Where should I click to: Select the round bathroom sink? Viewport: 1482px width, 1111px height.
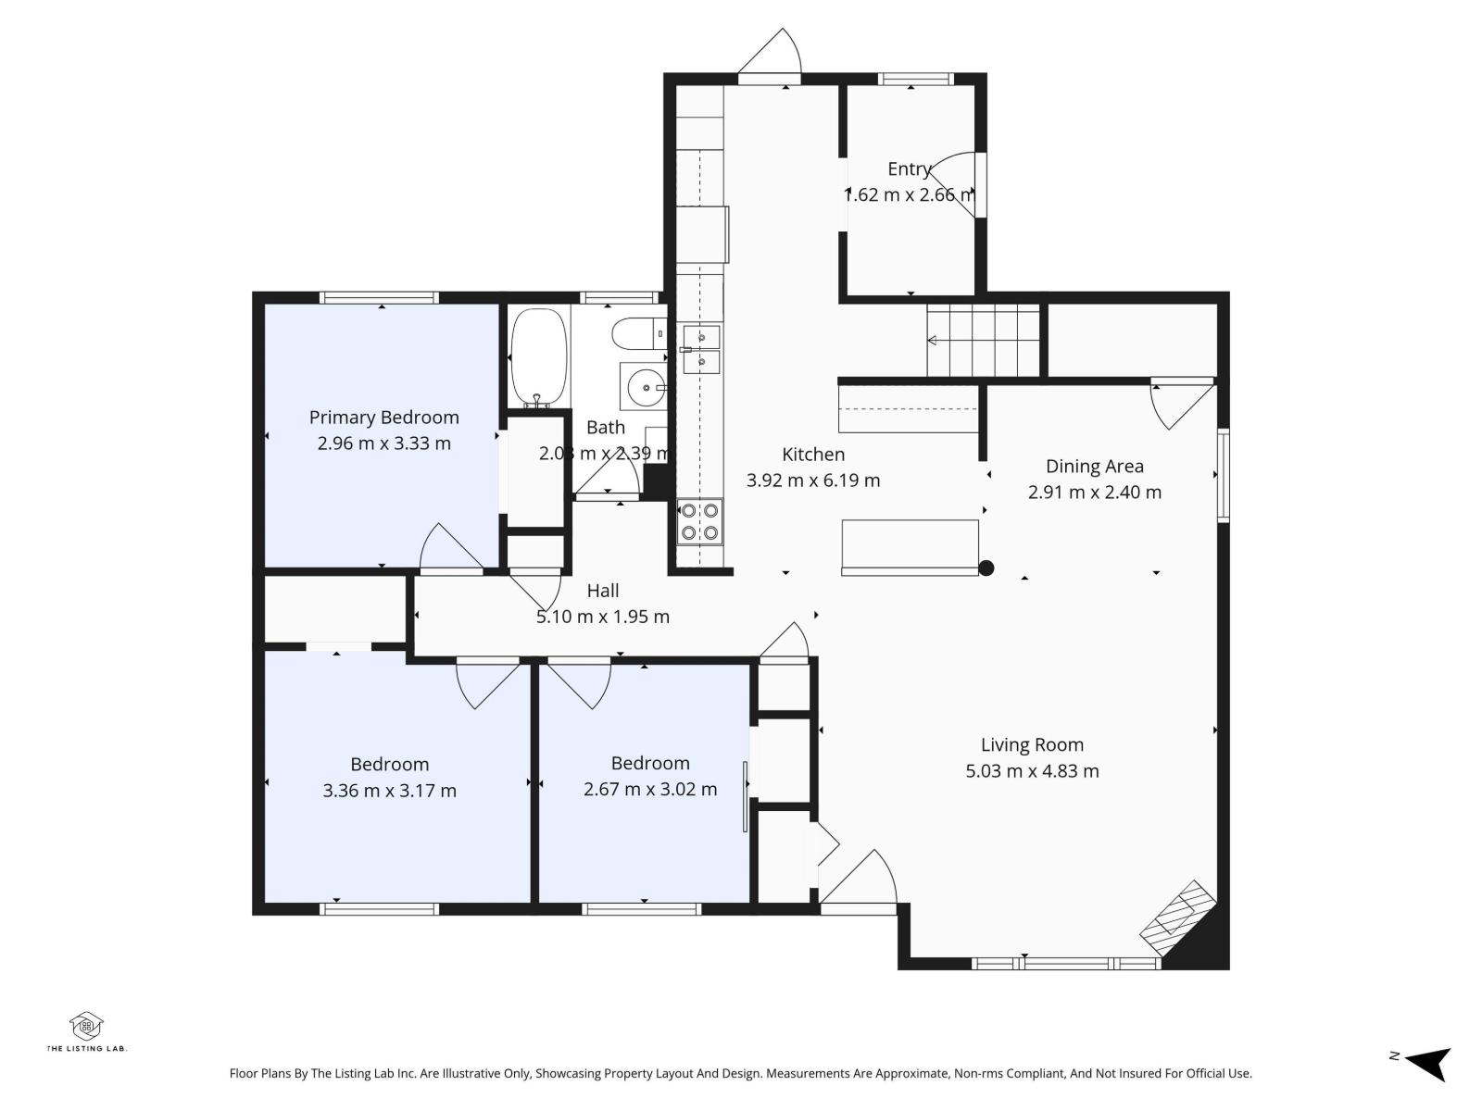click(x=641, y=386)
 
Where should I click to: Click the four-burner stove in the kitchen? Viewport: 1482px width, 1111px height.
click(x=699, y=521)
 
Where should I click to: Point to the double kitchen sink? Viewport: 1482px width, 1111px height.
click(x=701, y=349)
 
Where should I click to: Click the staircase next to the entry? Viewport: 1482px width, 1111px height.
click(x=984, y=340)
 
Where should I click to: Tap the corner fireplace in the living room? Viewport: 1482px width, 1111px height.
click(x=1179, y=919)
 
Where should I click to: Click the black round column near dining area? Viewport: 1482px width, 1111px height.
click(x=986, y=568)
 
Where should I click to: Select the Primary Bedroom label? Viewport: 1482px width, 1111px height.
click(x=383, y=418)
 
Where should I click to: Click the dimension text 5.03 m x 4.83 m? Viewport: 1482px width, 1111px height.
click(x=1032, y=771)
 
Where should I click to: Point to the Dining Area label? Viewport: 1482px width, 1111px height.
click(x=1094, y=467)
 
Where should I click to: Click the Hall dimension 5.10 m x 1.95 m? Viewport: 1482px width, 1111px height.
click(x=603, y=617)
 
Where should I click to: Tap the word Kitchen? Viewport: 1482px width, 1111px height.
click(x=813, y=455)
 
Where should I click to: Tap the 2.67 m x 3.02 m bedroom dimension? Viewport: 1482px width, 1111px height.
click(x=649, y=790)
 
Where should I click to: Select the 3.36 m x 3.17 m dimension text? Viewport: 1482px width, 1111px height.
click(x=389, y=791)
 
